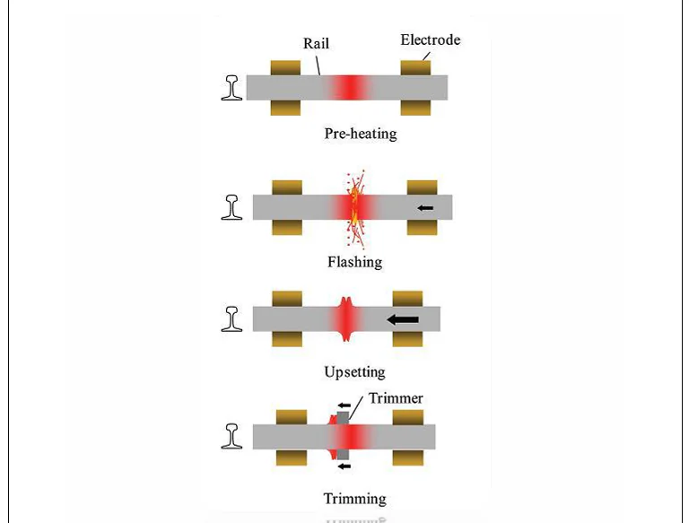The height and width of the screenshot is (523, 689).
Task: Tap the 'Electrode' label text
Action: (430, 39)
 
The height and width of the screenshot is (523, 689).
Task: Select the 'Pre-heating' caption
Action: (360, 135)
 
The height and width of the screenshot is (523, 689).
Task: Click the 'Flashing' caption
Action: (354, 262)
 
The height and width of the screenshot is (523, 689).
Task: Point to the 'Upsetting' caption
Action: (354, 371)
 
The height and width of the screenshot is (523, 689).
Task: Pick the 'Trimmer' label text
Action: (394, 398)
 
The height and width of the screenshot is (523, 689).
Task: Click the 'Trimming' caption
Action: (354, 499)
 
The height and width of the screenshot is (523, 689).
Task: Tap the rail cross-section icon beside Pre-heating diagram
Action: (233, 87)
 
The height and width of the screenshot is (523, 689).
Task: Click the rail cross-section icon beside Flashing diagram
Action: (232, 207)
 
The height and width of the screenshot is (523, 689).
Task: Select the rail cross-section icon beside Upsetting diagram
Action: (232, 318)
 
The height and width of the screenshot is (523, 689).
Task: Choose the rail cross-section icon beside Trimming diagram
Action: (232, 436)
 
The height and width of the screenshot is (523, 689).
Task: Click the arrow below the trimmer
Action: (344, 466)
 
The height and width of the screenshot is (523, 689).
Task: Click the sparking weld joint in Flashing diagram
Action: (352, 208)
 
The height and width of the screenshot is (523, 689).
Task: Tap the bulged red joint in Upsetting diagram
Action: (348, 318)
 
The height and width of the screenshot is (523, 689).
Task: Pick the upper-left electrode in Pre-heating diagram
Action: (285, 68)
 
